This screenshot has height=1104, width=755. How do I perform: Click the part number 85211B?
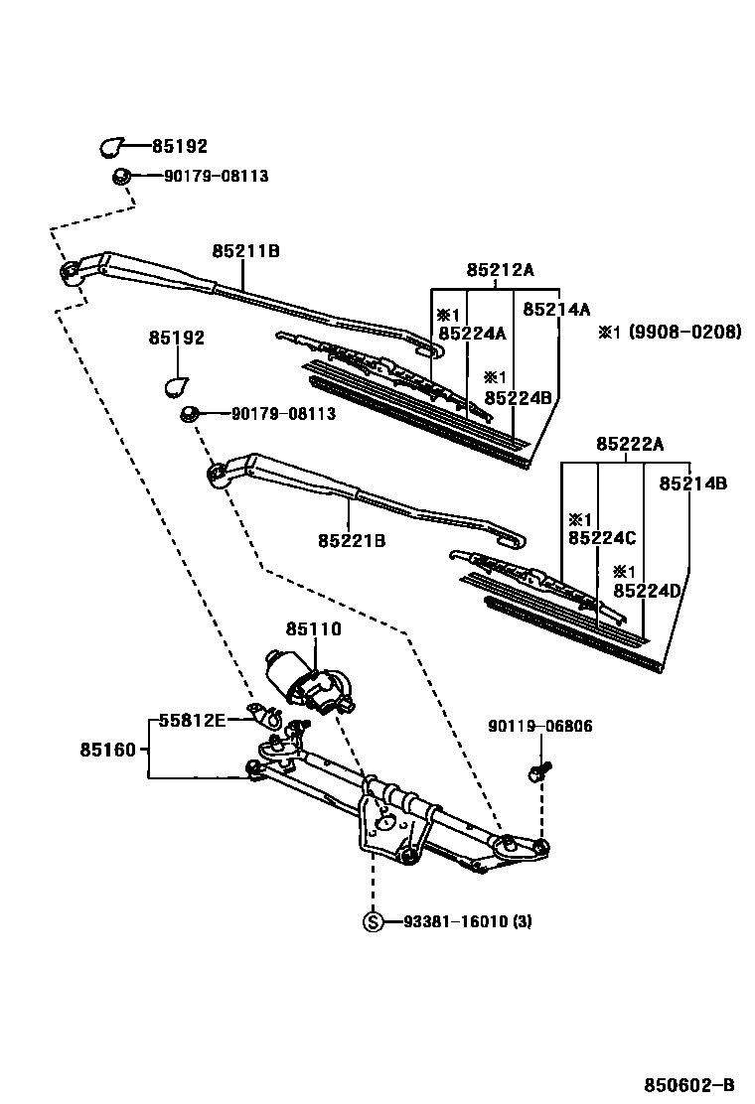[x=244, y=251]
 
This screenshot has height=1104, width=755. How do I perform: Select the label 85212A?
[x=501, y=270]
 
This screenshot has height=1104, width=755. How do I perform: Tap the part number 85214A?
[x=556, y=309]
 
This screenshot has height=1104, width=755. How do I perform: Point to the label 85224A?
[x=472, y=334]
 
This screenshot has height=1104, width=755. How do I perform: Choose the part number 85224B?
[x=518, y=397]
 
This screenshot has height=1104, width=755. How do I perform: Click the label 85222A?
[x=630, y=444]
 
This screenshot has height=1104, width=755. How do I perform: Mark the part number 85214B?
[x=693, y=483]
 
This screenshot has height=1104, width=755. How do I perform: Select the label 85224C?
[x=602, y=538]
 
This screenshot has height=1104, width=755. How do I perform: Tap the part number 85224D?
[x=647, y=591]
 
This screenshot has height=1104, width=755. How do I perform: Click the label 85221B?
[x=352, y=541]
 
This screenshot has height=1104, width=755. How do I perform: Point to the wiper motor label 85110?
[x=314, y=628]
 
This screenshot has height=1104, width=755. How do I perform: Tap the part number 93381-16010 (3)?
[x=467, y=921]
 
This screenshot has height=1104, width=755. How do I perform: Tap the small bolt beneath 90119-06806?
[x=539, y=766]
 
